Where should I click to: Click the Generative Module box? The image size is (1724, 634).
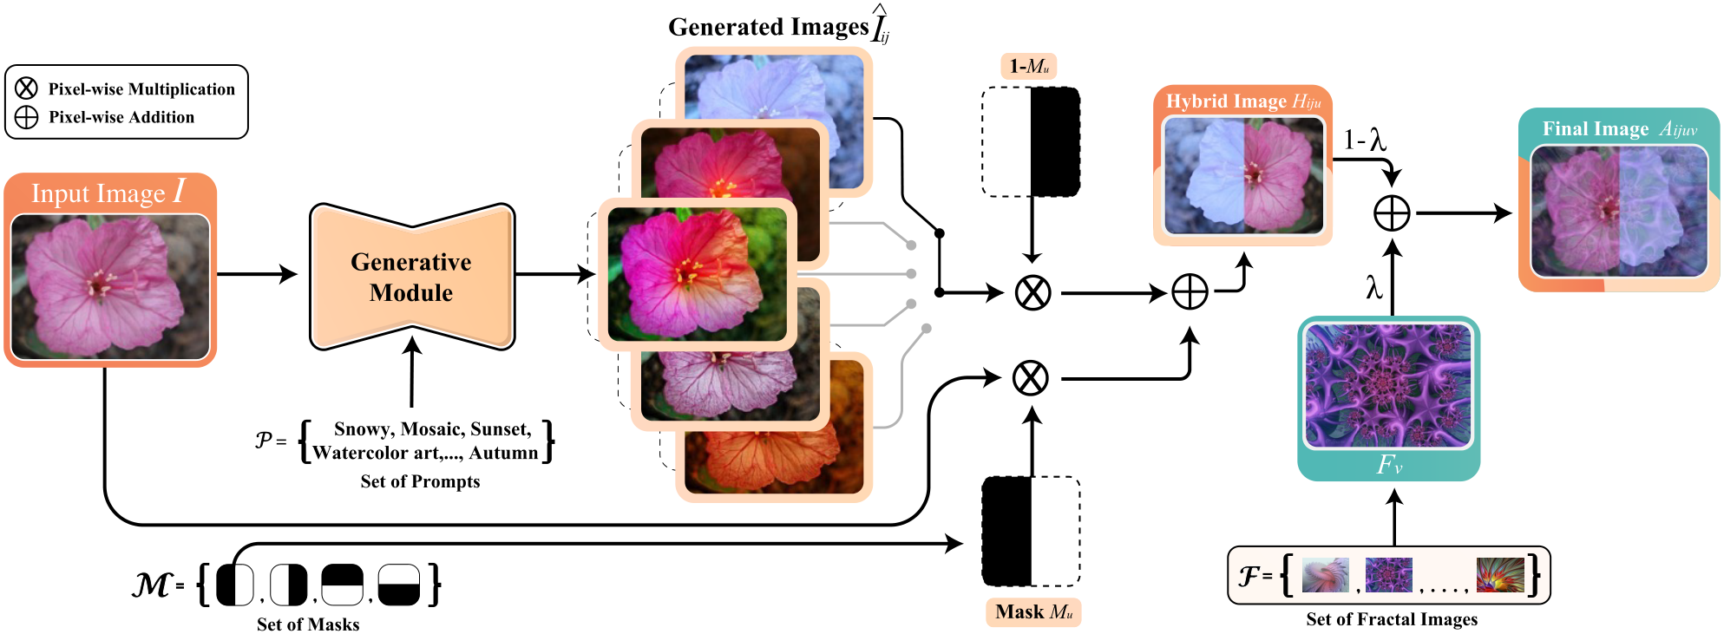(412, 277)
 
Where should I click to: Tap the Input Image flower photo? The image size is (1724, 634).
(110, 286)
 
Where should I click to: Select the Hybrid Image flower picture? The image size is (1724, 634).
(1243, 175)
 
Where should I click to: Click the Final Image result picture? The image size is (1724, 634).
(1619, 211)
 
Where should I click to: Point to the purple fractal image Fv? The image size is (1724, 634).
(1388, 384)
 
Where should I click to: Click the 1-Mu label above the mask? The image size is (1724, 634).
(1029, 67)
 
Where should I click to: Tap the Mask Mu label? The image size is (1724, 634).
(1033, 612)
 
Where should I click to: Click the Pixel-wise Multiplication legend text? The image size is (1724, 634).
(141, 89)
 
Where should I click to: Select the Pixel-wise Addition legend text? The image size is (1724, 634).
(121, 117)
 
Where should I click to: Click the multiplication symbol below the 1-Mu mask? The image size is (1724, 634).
(1032, 293)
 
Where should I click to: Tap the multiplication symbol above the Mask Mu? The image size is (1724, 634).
(1031, 378)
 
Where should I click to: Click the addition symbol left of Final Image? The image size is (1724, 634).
(1392, 213)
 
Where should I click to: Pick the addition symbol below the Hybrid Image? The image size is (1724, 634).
(1190, 292)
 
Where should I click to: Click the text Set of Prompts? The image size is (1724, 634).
(420, 481)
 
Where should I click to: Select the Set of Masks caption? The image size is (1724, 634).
(308, 624)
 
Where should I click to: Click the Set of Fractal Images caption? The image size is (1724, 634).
(1392, 619)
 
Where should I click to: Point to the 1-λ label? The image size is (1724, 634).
(1365, 141)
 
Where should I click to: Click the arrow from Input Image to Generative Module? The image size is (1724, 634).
(257, 274)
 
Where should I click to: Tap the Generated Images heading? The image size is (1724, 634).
(778, 26)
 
